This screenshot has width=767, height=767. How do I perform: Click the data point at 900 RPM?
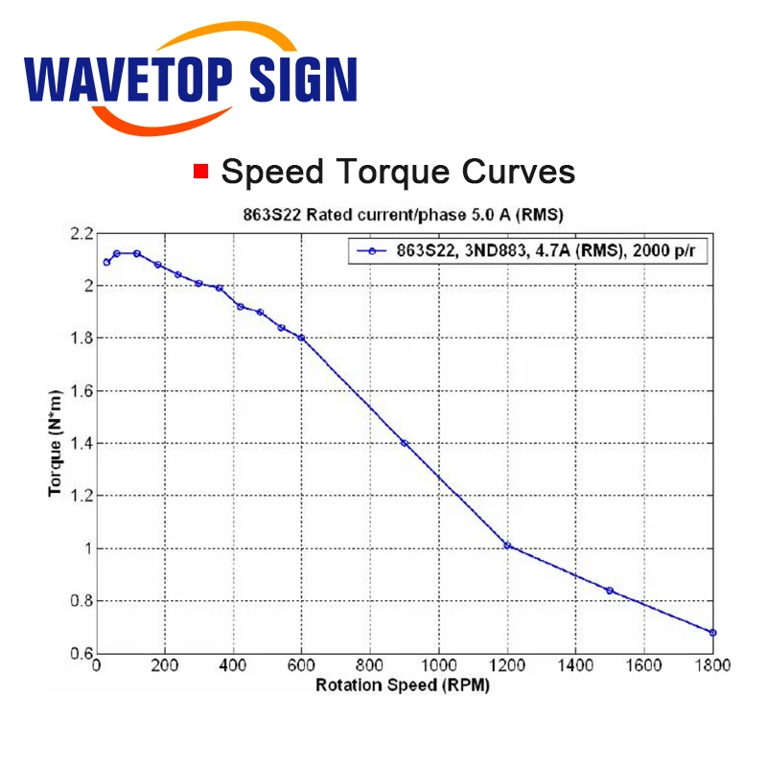point(405,443)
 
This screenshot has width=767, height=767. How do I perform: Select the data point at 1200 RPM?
point(507,546)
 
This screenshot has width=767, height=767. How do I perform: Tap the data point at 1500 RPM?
point(610,591)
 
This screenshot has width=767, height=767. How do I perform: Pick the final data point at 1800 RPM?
point(712,633)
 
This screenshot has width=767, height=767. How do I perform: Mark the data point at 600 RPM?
point(301,337)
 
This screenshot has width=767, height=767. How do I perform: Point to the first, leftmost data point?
point(106,262)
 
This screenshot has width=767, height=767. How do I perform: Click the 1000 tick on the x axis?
point(439,665)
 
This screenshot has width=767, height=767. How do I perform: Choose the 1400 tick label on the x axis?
point(576,665)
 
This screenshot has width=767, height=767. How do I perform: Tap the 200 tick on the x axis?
point(165,665)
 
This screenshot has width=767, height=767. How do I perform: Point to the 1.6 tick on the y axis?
point(81,391)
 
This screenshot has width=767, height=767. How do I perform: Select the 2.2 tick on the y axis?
point(81,234)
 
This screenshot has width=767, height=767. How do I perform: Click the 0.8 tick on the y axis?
point(81,601)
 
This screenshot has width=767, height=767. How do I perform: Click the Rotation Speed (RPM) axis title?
point(403,686)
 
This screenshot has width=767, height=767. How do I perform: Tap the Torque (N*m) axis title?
point(56,444)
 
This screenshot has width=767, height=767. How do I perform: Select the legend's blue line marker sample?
point(372,251)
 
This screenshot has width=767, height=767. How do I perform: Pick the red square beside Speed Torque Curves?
point(201,172)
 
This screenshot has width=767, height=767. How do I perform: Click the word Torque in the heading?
point(393,173)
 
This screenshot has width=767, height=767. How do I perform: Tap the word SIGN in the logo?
point(303,79)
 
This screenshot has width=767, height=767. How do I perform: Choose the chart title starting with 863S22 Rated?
point(404,215)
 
